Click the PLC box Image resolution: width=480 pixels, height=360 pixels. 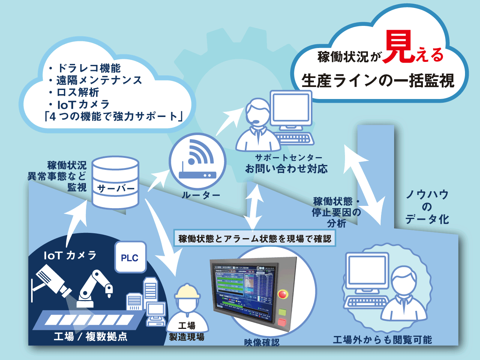130,257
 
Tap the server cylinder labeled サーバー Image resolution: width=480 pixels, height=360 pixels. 115,183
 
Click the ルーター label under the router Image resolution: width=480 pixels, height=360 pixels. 201,195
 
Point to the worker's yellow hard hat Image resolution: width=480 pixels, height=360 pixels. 187,291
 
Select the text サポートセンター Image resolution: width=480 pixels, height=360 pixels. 288,158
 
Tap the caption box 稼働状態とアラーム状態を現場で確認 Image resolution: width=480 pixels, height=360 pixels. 255,239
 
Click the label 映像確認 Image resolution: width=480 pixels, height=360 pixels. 262,342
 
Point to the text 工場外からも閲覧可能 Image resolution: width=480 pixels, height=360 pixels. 382,340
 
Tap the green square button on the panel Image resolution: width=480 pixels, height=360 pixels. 282,311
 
